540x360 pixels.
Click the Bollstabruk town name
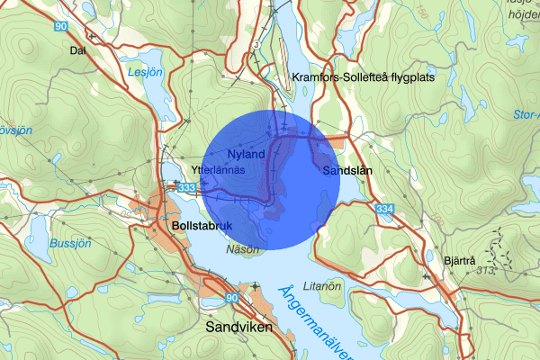pyautogui.click(x=202, y=227)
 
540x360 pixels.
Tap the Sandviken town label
pyautogui.click(x=238, y=328)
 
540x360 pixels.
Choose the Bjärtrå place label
pyautogui.click(x=459, y=260)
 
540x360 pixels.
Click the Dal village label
pyautogui.click(x=76, y=50)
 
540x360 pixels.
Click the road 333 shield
pyautogui.click(x=186, y=187)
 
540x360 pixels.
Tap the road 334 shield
pyautogui.click(x=385, y=209)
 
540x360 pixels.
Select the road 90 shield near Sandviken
pyautogui.click(x=231, y=298)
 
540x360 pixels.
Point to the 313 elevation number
pyautogui.click(x=489, y=269)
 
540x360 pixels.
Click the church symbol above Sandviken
pyautogui.click(x=256, y=287)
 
